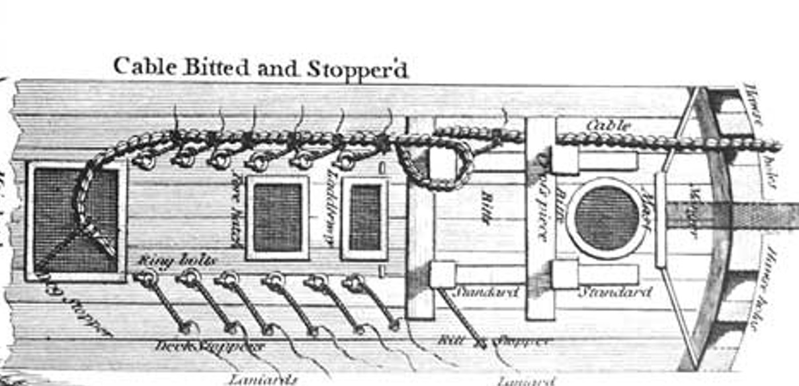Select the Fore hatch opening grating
[x=277, y=217]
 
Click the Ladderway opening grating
[x=365, y=217]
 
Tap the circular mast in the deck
[x=607, y=217]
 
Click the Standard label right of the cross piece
[x=614, y=292]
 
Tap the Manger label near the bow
[x=694, y=211]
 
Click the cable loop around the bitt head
[x=437, y=166]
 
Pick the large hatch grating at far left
[x=75, y=218]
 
